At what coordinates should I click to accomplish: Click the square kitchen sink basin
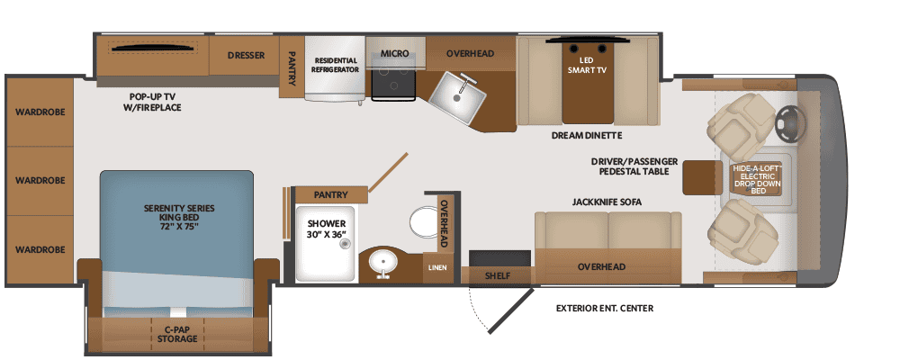(x=457, y=96)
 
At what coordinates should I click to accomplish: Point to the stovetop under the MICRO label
(x=393, y=80)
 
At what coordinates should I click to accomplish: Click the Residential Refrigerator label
(x=335, y=65)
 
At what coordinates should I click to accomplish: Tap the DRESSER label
(x=246, y=56)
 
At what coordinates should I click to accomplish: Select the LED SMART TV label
(x=587, y=64)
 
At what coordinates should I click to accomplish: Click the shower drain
(x=345, y=244)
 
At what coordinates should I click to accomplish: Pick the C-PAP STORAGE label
(x=178, y=334)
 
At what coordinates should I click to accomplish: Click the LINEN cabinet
(x=436, y=267)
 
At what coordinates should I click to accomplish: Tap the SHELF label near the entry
(x=498, y=275)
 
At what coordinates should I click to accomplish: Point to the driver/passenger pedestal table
(x=702, y=177)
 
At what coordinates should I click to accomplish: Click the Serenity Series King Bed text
(x=179, y=217)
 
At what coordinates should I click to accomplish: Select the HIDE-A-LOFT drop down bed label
(x=758, y=180)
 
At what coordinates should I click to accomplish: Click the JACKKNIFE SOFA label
(x=607, y=202)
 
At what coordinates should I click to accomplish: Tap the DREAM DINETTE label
(x=587, y=136)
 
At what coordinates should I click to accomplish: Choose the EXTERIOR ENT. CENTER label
(x=605, y=309)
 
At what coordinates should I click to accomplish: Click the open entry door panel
(x=510, y=309)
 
